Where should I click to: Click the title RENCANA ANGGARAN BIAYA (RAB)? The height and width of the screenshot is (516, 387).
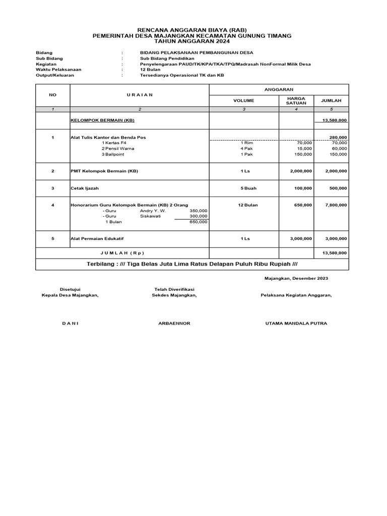(x=193, y=30)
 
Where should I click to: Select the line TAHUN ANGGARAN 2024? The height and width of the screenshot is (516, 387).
(x=193, y=42)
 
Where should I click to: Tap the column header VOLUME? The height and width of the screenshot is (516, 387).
(x=244, y=101)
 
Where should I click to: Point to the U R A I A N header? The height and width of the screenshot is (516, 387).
(x=140, y=95)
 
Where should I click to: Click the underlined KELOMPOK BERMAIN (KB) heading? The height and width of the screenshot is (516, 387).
(x=102, y=120)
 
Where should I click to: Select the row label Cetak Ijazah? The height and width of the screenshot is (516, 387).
(x=84, y=188)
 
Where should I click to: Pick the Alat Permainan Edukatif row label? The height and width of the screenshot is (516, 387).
(x=96, y=239)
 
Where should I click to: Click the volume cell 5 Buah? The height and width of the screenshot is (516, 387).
(x=244, y=188)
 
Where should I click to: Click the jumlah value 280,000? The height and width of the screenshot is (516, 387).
(x=338, y=137)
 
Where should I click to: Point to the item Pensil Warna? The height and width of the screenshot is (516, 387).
(x=119, y=149)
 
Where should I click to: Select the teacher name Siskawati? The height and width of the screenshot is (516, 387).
(x=150, y=216)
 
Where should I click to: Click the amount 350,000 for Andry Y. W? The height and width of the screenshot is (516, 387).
(x=198, y=210)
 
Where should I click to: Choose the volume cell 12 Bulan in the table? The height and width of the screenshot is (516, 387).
(x=244, y=205)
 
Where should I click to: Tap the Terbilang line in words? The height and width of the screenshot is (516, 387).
(x=192, y=264)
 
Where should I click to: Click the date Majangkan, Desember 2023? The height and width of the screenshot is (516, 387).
(x=296, y=278)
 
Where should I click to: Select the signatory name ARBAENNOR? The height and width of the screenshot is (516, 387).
(x=174, y=324)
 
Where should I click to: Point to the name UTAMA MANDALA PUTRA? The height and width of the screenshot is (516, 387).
(x=296, y=324)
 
